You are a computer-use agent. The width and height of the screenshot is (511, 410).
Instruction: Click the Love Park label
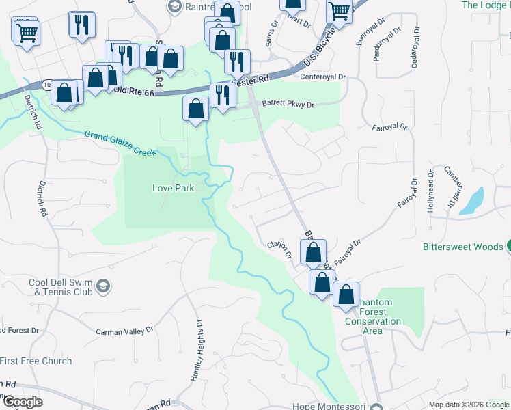(173, 188)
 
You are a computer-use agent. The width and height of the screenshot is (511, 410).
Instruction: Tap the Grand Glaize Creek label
(121, 143)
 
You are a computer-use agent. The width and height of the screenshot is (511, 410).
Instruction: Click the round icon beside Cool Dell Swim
(102, 284)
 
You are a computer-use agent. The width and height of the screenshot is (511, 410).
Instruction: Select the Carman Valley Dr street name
(124, 331)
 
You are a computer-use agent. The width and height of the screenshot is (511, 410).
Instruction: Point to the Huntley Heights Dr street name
(196, 351)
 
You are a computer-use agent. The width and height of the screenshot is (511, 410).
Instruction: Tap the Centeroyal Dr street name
(324, 77)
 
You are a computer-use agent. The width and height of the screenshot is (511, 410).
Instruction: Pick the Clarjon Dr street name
(279, 250)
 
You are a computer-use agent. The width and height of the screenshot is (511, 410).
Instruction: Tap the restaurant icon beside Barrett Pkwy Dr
(222, 94)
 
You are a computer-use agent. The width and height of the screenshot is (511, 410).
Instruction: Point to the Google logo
(22, 402)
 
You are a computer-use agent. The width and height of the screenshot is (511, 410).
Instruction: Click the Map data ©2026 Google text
(468, 405)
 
